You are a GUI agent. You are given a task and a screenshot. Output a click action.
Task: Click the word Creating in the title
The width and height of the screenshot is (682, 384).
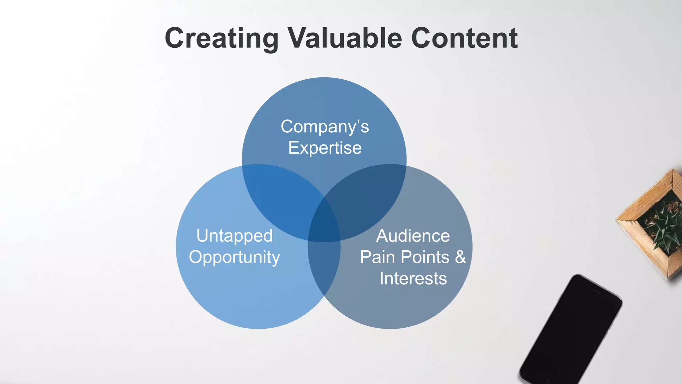(x=221, y=38)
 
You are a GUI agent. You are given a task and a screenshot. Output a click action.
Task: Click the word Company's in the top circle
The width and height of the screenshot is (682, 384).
(x=325, y=127)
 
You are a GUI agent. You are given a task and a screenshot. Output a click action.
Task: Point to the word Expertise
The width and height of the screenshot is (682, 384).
(x=325, y=148)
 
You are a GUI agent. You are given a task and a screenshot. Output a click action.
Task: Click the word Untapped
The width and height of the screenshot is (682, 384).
(x=234, y=236)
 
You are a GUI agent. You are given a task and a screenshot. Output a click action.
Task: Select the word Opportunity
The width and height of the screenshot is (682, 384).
(x=234, y=257)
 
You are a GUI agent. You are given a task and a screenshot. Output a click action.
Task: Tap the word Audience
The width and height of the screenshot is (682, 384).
(x=413, y=236)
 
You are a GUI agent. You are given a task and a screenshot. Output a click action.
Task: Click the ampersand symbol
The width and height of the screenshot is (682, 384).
(x=460, y=257)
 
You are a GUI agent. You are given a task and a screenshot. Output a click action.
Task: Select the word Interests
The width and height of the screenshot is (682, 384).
(x=413, y=278)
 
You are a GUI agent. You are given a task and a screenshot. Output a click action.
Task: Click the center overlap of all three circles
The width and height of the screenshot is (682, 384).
(x=324, y=222)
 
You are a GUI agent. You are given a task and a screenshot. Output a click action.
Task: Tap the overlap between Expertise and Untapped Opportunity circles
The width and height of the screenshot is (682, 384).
(x=283, y=197)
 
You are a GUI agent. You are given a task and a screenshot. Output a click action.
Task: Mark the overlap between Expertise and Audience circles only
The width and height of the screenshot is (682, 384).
(x=366, y=197)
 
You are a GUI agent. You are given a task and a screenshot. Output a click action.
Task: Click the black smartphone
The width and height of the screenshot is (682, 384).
(x=569, y=330)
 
